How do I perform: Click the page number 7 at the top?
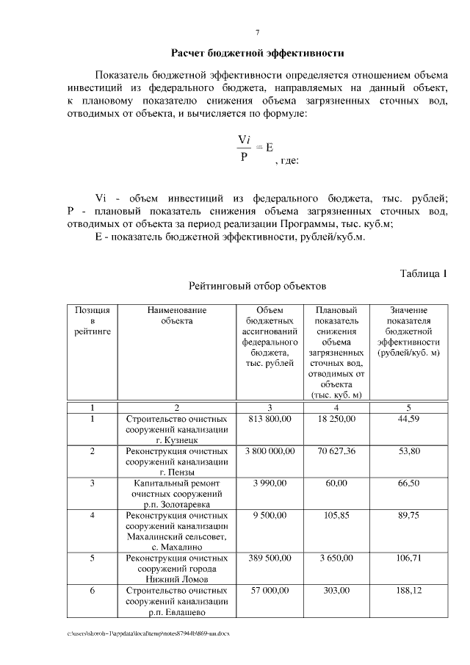256,33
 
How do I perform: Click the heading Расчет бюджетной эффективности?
257,54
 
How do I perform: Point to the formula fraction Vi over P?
245,147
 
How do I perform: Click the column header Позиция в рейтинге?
93,321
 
